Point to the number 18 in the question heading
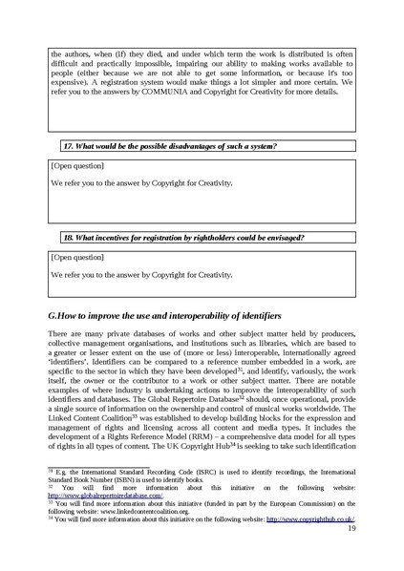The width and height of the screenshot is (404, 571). click(x=68, y=236)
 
